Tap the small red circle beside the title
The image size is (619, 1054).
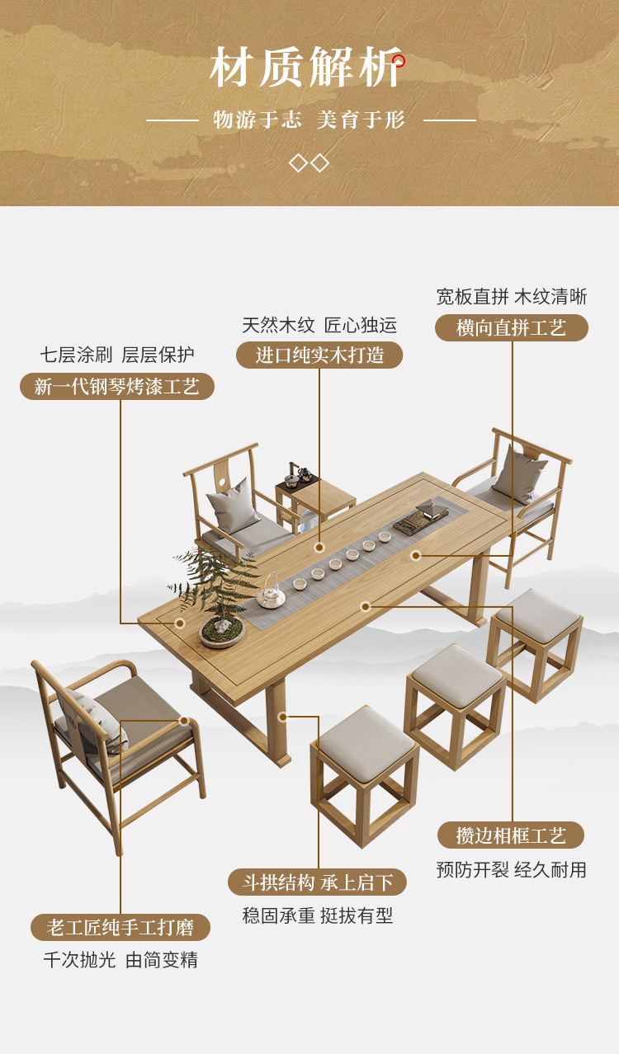click(399, 60)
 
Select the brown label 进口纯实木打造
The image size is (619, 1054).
click(319, 355)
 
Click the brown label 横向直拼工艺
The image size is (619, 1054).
click(512, 327)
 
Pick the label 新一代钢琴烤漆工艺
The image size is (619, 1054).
click(117, 386)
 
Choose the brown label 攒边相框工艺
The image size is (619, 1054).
click(511, 835)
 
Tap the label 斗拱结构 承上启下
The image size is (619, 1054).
click(318, 882)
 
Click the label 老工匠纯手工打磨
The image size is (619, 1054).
click(120, 928)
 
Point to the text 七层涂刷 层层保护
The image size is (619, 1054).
click(117, 355)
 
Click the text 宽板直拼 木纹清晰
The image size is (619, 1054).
click(512, 297)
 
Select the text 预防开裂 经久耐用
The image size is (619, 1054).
click(511, 870)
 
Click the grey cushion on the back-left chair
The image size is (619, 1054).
click(233, 506)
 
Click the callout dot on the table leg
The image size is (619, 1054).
click(283, 717)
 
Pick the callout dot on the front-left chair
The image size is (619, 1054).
click(184, 720)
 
